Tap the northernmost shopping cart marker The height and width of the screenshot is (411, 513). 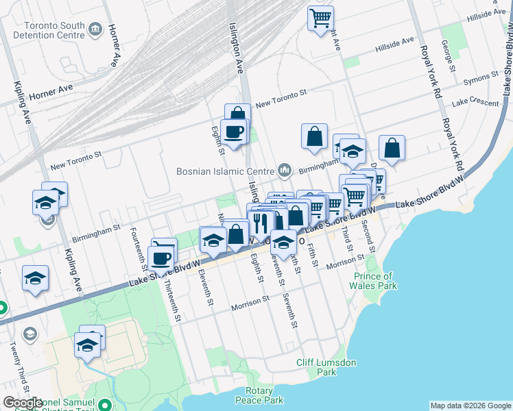320,18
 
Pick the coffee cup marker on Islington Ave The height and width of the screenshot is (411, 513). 233,132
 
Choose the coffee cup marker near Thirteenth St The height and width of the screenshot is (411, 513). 161,259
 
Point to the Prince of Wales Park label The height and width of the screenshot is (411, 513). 375,281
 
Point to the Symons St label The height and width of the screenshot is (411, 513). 481,82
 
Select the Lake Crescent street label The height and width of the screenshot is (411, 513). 475,102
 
